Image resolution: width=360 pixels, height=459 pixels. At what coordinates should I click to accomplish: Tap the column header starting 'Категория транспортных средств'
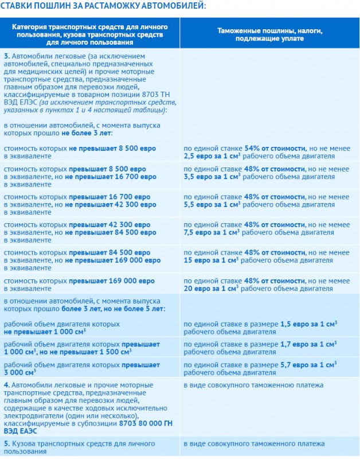[x=90, y=34]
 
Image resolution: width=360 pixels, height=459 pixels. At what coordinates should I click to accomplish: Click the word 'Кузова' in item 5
[x=26, y=444]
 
